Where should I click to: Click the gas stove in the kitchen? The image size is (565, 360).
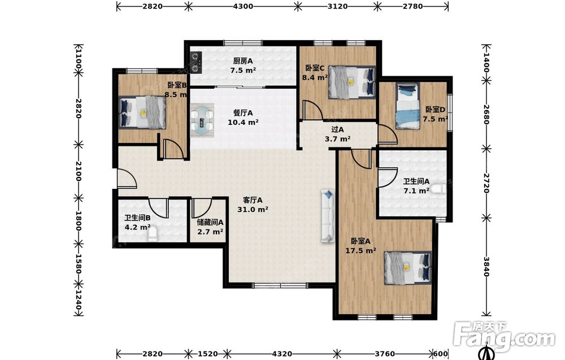[196, 62]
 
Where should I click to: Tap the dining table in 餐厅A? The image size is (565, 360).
[202, 120]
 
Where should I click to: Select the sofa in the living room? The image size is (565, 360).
[328, 216]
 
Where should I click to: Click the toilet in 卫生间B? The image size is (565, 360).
[153, 234]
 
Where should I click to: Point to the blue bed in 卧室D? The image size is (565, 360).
[408, 106]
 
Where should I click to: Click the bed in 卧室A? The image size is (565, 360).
[407, 268]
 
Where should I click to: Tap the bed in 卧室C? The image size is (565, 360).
[351, 82]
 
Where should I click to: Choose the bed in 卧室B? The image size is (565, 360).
[142, 112]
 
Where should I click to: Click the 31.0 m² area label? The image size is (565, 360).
[253, 209]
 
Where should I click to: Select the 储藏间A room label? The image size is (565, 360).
[210, 223]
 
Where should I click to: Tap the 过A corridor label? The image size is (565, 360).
[338, 129]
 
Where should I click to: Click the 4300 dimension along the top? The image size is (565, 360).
[243, 6]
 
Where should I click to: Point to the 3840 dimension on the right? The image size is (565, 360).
[486, 267]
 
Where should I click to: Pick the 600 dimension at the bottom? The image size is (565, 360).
[440, 354]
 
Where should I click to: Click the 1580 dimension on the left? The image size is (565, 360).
[78, 264]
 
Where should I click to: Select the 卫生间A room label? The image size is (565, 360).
[416, 181]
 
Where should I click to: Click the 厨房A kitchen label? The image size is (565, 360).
[243, 61]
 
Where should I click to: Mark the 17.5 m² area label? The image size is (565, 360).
[360, 250]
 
